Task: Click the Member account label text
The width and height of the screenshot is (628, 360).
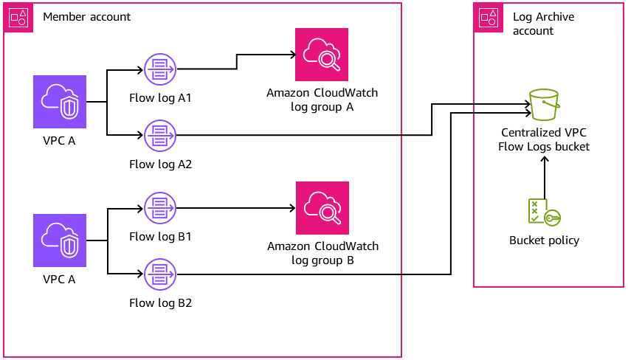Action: click(87, 17)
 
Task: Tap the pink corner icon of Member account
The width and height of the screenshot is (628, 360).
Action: click(18, 18)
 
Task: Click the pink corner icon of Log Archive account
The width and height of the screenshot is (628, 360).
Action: click(488, 18)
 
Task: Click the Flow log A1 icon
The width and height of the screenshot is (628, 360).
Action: click(160, 70)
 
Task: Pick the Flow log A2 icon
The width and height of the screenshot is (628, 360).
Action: click(160, 135)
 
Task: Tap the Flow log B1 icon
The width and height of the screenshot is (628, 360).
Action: click(160, 208)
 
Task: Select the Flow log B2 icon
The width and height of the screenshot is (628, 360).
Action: click(160, 274)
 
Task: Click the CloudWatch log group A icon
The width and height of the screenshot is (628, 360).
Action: click(321, 55)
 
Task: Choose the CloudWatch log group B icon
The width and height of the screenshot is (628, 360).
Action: click(321, 207)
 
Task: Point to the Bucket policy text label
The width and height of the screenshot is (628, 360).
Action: click(544, 240)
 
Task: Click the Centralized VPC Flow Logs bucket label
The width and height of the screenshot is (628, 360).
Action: click(545, 140)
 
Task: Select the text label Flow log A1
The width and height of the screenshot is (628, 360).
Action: click(160, 98)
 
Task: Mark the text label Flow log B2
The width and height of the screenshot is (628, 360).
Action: click(160, 302)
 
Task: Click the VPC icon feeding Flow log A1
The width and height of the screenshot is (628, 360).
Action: click(60, 102)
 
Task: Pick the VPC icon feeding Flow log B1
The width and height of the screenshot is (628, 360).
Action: click(60, 240)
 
